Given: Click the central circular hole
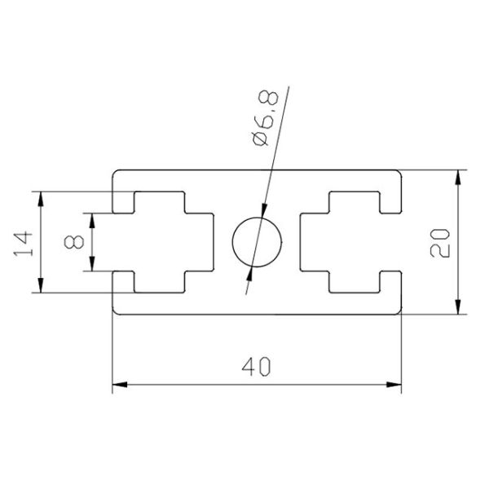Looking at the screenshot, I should (257, 243).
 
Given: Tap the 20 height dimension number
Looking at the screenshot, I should (441, 242).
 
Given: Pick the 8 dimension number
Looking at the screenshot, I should (74, 242).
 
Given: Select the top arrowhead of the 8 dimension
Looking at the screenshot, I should (92, 218).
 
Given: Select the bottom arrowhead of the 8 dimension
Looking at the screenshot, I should (92, 266).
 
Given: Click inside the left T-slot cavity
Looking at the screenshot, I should (163, 243).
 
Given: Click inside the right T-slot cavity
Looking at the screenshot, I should (350, 243).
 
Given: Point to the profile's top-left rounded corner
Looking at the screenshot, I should (115, 174).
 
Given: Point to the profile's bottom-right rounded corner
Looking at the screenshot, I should (399, 311).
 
